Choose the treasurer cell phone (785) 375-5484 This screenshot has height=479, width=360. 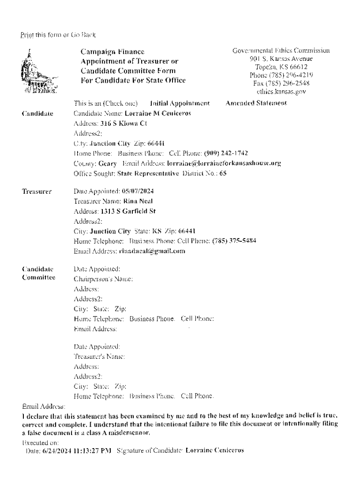tap(234, 241)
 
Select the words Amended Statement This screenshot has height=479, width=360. tap(256, 102)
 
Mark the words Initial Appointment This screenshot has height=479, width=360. tap(180, 102)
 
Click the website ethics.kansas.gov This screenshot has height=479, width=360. tap(281, 92)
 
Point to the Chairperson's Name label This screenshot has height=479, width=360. tap(103, 279)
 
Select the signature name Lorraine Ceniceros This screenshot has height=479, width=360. tap(215, 451)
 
